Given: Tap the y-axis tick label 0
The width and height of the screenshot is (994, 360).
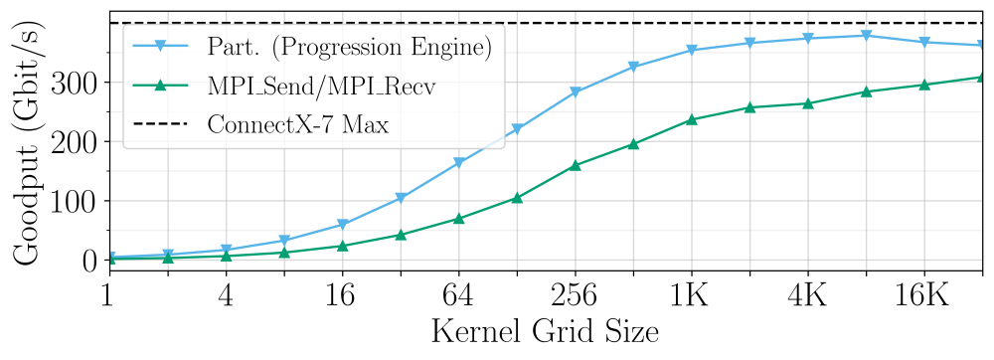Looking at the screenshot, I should point(88,261).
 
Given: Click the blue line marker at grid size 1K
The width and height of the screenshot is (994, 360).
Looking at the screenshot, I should point(691,50).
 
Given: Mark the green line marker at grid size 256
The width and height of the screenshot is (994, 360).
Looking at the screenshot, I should point(575,165).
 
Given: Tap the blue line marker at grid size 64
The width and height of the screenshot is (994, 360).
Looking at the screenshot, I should point(458,163).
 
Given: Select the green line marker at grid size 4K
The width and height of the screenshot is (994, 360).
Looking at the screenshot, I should point(807,103).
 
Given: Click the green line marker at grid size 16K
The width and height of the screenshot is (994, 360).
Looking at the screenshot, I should point(923,85).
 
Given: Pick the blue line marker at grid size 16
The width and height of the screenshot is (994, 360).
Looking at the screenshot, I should point(342,225).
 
